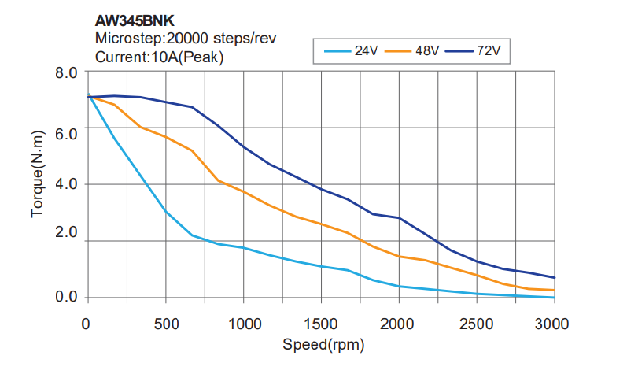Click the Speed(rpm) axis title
(323, 344)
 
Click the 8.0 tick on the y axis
(67, 73)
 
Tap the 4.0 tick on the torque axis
(67, 184)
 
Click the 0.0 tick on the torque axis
(67, 297)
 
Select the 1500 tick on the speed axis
(320, 323)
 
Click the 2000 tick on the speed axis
(399, 323)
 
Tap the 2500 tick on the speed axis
(477, 323)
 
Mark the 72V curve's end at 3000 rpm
(555, 277)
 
